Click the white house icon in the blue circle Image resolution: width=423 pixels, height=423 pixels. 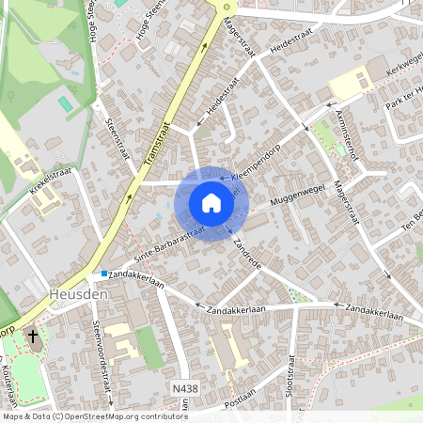click(211, 203)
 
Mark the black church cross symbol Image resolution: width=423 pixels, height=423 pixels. click(33, 335)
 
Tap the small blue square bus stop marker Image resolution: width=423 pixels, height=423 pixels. click(103, 274)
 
